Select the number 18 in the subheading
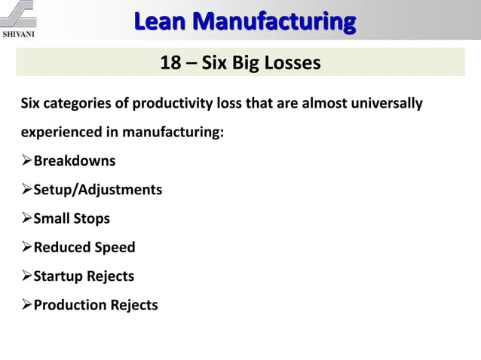(x=170, y=63)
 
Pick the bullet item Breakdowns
(x=75, y=161)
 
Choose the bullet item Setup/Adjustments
(x=97, y=190)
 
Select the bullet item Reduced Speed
(x=84, y=247)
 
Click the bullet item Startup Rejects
(x=84, y=276)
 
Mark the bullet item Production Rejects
(x=96, y=304)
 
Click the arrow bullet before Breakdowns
(x=26, y=161)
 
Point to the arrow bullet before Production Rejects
(x=26, y=304)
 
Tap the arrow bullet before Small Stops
(x=26, y=218)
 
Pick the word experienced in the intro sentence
(x=57, y=133)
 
